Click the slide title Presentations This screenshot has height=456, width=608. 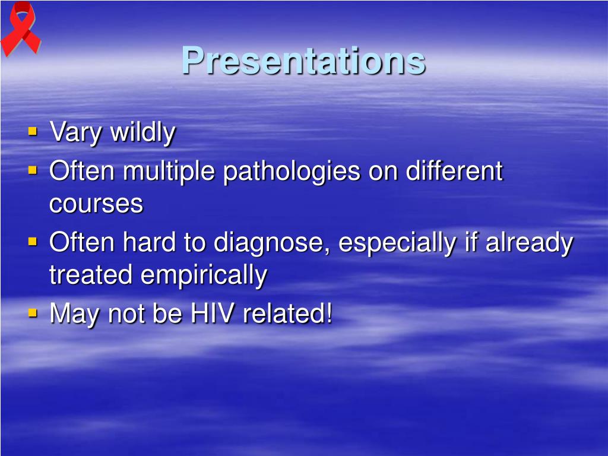[x=303, y=61]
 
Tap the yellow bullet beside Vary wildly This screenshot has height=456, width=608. [x=33, y=131]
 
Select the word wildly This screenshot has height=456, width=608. [x=143, y=132]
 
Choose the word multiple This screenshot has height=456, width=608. [x=169, y=172]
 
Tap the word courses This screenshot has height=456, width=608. [x=96, y=204]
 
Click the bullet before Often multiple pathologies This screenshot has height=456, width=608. [x=33, y=170]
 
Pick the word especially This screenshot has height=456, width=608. [x=397, y=243]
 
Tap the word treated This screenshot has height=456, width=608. [x=91, y=275]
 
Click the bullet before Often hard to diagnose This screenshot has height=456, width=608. [x=33, y=242]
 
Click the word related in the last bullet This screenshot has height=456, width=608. [x=288, y=313]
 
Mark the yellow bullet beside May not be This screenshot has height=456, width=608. [x=33, y=312]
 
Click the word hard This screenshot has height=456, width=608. [x=149, y=242]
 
